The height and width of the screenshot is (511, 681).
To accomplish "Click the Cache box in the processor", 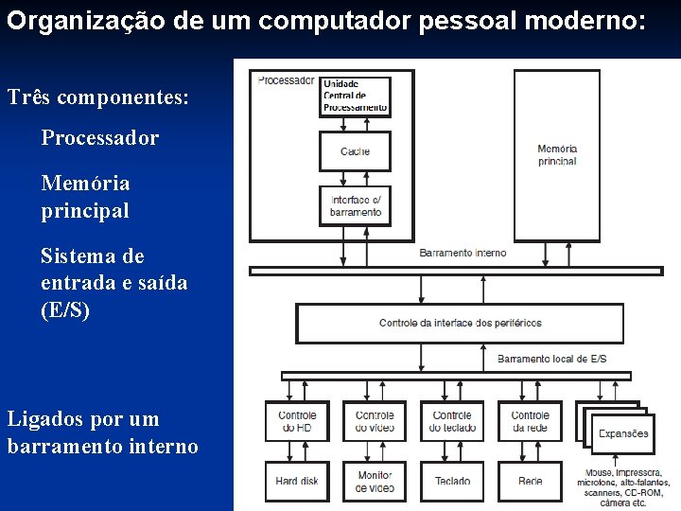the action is point(355,150).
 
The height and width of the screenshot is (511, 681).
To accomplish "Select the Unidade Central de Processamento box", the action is point(355,96).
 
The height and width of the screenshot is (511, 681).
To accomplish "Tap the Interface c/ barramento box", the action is point(355,205).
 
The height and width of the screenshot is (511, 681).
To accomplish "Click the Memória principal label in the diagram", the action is point(556,155).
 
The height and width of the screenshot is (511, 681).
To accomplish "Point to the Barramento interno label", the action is point(463,253).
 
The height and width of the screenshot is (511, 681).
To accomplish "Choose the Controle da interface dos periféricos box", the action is point(460,323).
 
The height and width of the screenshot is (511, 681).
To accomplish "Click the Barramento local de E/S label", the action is point(551,359).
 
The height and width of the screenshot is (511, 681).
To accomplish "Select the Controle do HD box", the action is point(297,421).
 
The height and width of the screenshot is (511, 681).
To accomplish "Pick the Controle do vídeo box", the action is point(375,421).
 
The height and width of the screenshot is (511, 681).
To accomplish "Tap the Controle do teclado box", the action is point(452,421).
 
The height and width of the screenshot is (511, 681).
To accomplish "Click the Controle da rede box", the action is point(530,421).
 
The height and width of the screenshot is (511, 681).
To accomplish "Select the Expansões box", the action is point(622,433).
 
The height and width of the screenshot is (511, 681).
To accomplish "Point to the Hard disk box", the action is point(297,481).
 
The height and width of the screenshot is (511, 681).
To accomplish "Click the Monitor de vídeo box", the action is point(375,481).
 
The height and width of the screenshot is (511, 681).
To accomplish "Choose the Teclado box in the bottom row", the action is point(452,481).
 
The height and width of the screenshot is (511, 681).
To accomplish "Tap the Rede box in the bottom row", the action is point(530,481).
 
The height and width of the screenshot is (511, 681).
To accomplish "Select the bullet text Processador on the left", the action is point(99,138).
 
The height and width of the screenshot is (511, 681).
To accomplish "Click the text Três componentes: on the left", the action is point(97,97).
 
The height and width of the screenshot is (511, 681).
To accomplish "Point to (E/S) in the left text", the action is point(65,309).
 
